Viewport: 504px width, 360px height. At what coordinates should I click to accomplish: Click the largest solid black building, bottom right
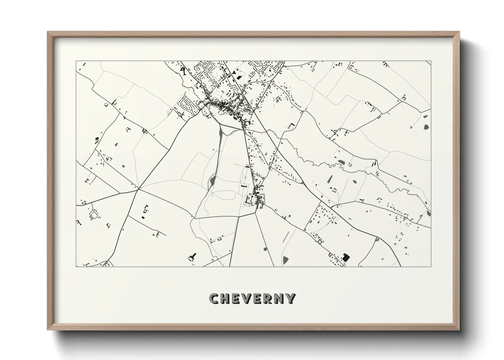coord(346,257)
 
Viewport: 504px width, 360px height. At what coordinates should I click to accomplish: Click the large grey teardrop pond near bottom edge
coord(285,260)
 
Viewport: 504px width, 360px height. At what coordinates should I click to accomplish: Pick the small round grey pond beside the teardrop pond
coord(265,249)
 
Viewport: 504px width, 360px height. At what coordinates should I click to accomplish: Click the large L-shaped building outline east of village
coord(292,126)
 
